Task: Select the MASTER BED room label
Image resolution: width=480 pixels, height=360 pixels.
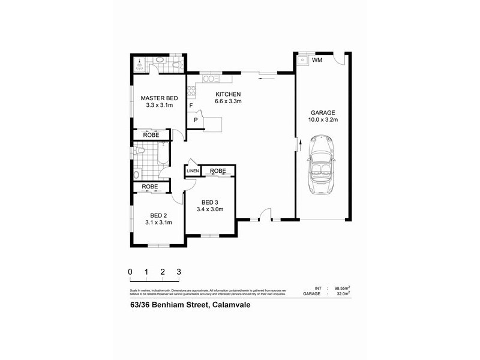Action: (159, 98)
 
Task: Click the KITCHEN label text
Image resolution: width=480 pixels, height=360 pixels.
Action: (228, 94)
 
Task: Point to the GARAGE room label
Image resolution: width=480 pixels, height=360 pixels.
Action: (322, 113)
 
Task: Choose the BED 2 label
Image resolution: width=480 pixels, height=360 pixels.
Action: (159, 215)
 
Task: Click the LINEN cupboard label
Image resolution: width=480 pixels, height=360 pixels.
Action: (193, 172)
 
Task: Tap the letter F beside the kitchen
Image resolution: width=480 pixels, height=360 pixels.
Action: (191, 106)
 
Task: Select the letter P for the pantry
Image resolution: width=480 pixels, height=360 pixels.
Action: (196, 120)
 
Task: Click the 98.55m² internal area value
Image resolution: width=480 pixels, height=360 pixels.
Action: (341, 289)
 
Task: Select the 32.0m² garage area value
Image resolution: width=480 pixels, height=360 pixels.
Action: (343, 295)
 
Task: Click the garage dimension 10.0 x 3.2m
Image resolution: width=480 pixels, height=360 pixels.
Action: (322, 120)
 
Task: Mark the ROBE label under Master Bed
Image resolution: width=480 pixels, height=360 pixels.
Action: (150, 134)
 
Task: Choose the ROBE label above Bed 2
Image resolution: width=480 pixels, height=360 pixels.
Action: (150, 187)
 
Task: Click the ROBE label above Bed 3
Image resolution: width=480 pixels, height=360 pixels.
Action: (217, 171)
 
